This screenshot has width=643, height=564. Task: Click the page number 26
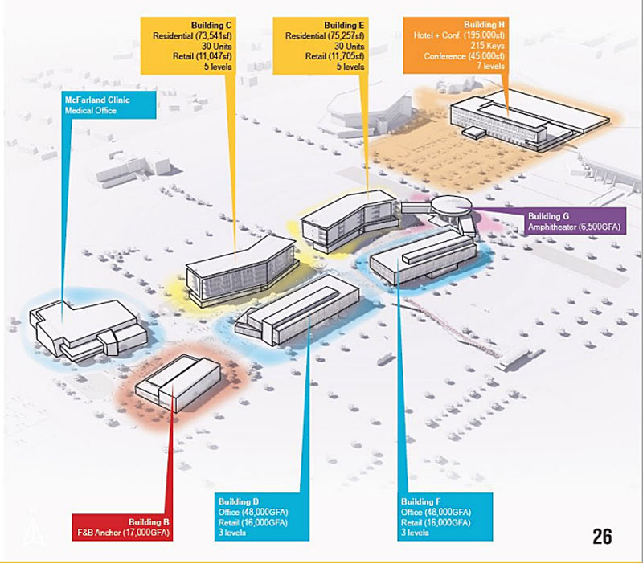(x=602, y=537)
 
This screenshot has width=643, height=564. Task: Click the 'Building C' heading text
(x=211, y=26)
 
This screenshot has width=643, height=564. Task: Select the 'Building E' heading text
(x=344, y=26)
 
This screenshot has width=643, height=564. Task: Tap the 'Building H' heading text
(x=484, y=25)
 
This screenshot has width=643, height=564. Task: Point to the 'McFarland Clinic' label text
(x=97, y=100)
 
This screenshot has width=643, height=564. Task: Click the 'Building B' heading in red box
(x=149, y=522)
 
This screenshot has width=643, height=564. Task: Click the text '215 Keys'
(x=487, y=46)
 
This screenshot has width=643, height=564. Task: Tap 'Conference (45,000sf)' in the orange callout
(x=465, y=56)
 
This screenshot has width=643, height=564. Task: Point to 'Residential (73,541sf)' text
(x=192, y=35)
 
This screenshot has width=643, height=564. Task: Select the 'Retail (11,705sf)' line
(x=334, y=56)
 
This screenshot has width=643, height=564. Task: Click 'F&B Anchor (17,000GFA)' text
(x=123, y=533)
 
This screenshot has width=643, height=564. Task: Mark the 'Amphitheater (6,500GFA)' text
(x=574, y=227)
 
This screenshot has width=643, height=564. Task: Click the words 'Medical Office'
(x=90, y=111)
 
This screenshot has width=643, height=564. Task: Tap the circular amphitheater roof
(x=452, y=204)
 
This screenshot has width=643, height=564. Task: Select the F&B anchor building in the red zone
(x=178, y=383)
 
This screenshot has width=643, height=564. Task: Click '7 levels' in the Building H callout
(x=490, y=66)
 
